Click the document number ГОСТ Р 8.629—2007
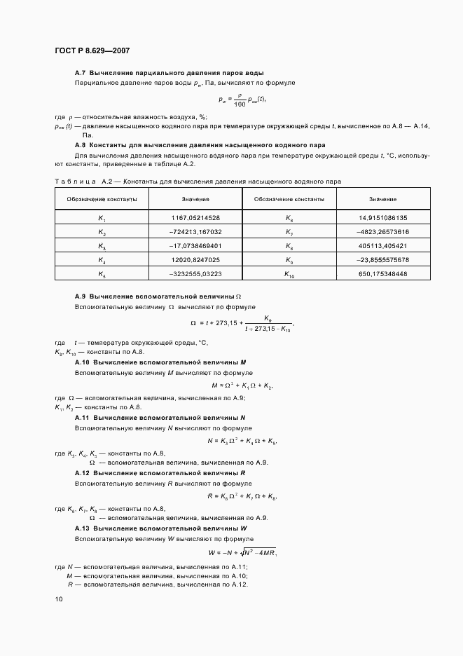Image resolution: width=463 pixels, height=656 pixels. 92,51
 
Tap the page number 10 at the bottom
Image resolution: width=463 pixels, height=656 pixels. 59,599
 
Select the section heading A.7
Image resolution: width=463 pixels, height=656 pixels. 169,72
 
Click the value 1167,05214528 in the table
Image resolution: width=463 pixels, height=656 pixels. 195,218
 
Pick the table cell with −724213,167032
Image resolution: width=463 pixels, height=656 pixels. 195,232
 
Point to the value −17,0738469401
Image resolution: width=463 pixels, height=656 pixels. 195,246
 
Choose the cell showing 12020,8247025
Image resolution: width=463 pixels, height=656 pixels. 195,260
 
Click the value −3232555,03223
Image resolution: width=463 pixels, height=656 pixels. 195,274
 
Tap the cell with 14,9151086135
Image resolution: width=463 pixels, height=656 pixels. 382,218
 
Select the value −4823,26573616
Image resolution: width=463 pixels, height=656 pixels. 382,232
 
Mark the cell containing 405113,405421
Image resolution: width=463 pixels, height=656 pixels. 382,246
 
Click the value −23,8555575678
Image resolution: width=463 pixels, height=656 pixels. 382,260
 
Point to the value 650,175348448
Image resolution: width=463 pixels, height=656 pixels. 382,274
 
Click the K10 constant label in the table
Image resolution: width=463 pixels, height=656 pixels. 289,275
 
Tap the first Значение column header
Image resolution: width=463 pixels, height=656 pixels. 195,200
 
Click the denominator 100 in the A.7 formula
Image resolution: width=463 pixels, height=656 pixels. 240,103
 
